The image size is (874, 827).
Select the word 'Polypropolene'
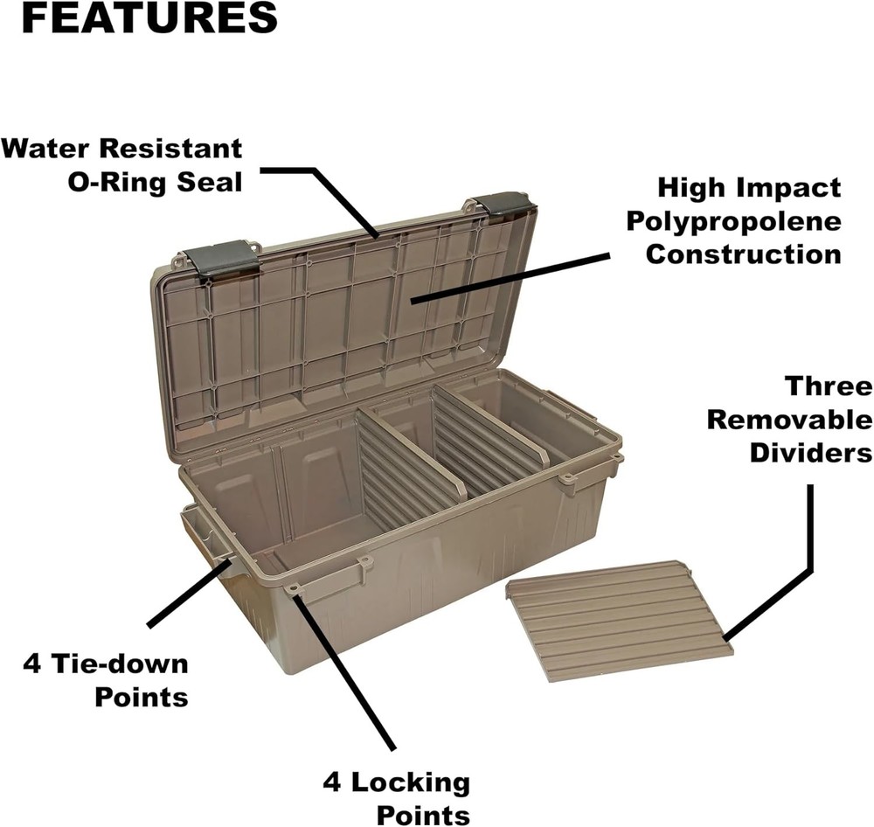click(733, 221)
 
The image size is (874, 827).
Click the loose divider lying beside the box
click(619, 619)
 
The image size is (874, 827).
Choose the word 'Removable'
click(789, 420)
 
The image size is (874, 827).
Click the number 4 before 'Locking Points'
click(332, 782)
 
